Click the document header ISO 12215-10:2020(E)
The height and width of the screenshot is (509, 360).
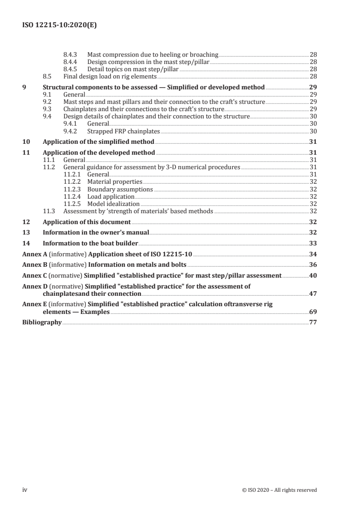coord(59,26)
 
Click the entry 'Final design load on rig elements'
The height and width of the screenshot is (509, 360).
coord(110,76)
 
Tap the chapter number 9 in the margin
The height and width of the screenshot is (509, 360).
coord(24,87)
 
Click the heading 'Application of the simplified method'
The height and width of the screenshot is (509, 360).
coord(98,142)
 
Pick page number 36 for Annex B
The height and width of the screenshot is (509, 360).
coord(313,264)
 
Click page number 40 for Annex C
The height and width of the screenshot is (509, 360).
coord(313,275)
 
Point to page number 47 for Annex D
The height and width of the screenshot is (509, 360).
coord(313,294)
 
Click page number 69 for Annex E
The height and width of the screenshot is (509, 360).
coord(313,312)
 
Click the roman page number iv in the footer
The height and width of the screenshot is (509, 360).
coord(25,490)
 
